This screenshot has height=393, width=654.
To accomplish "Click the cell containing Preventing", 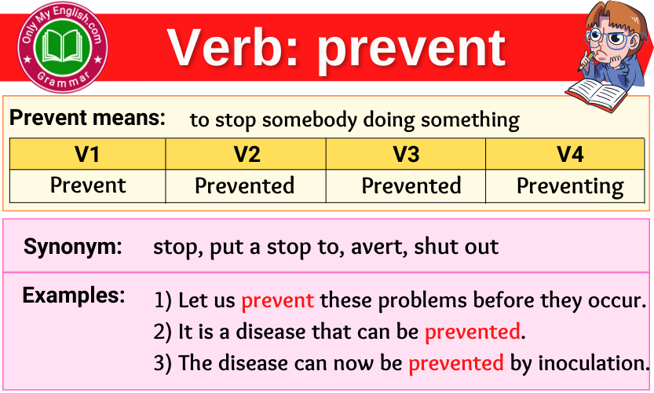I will pyautogui.click(x=569, y=186).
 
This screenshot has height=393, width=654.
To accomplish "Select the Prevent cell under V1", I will pyautogui.click(x=87, y=185).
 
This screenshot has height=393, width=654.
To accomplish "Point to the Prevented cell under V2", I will pyautogui.click(x=244, y=186).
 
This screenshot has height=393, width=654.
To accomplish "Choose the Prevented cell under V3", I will pyautogui.click(x=411, y=186).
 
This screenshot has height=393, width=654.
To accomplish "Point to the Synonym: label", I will pyautogui.click(x=73, y=247).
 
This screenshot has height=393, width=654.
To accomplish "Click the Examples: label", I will pyautogui.click(x=74, y=296).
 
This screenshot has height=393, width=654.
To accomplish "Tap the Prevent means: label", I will pyautogui.click(x=87, y=119).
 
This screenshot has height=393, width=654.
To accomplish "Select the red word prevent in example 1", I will pyautogui.click(x=277, y=300).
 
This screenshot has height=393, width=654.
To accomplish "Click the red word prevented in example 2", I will pyautogui.click(x=472, y=332).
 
